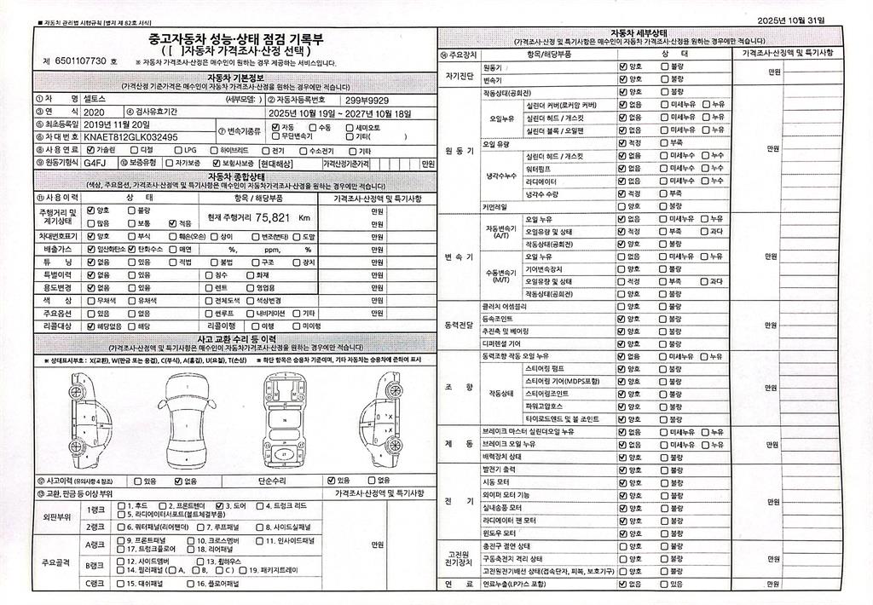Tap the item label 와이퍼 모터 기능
tap(506, 494)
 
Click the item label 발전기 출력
tap(500, 470)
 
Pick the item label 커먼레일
tap(494, 205)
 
